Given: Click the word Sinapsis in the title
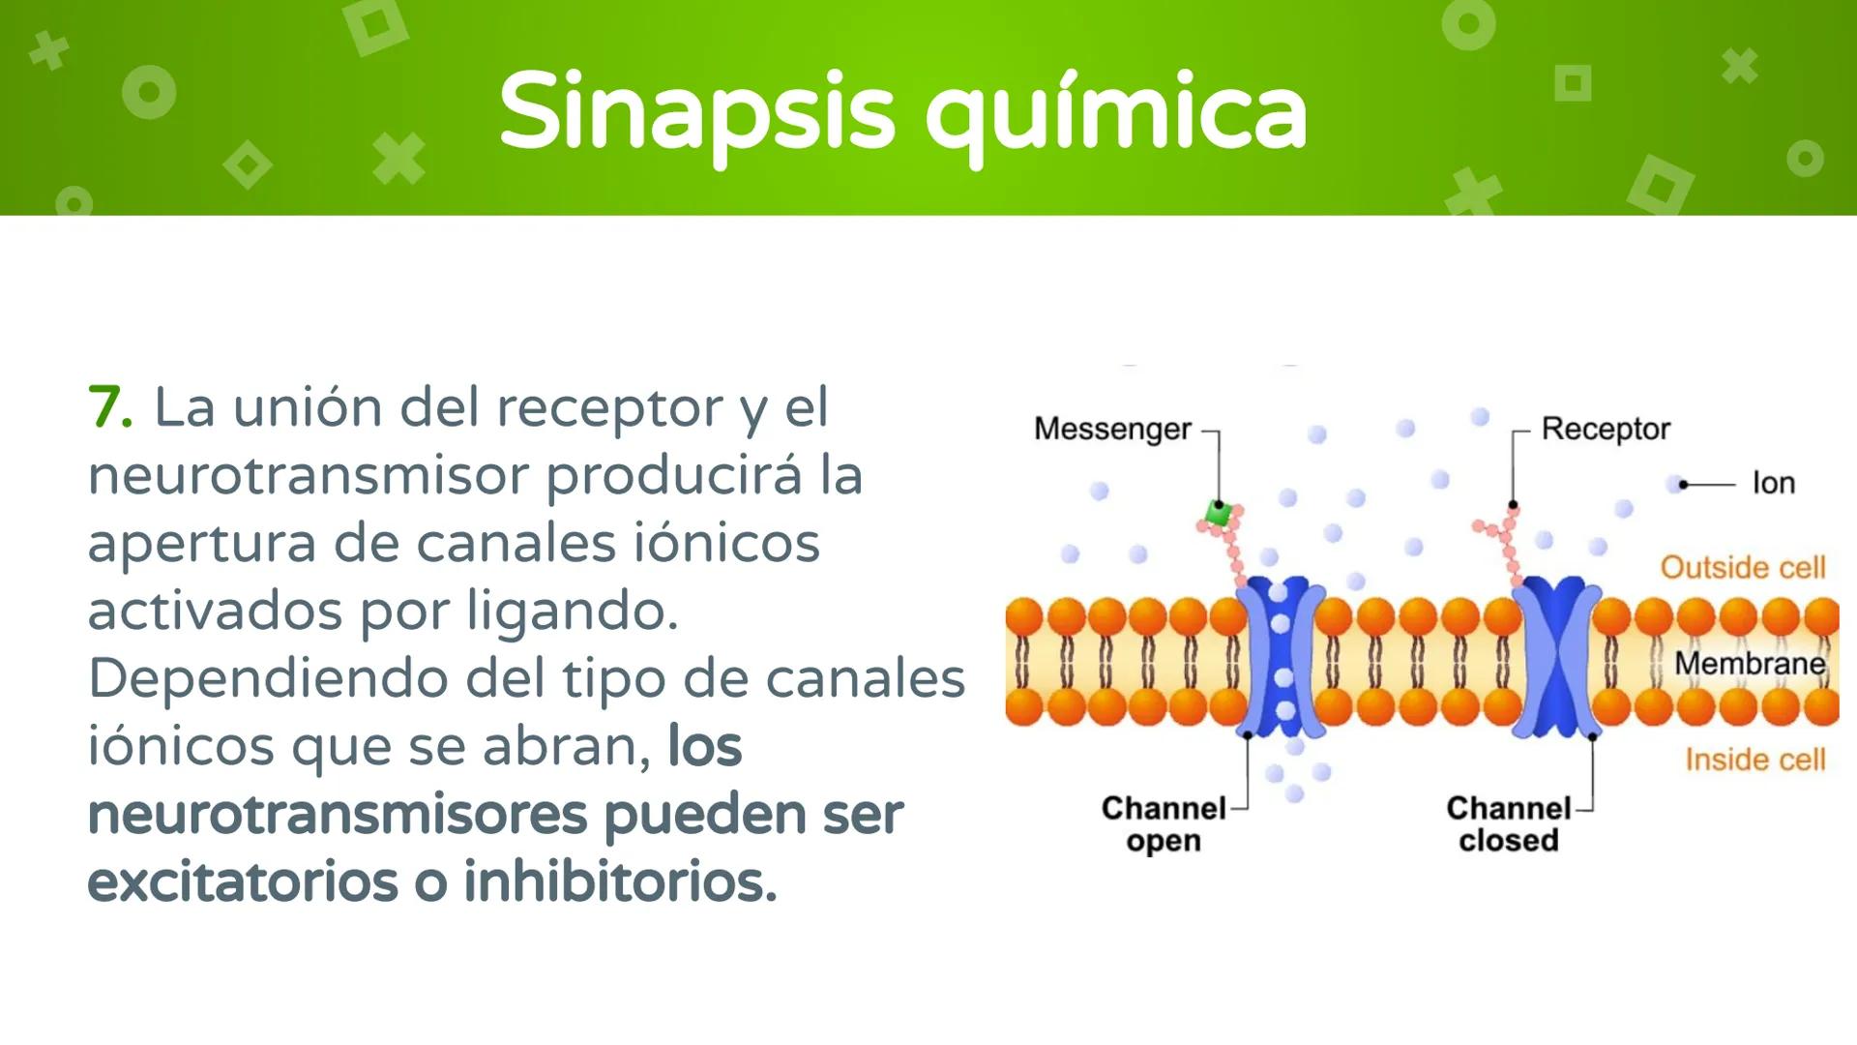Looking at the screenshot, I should click(x=696, y=111).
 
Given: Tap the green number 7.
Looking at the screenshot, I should click(x=109, y=407).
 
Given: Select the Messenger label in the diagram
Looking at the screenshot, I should click(x=1112, y=429).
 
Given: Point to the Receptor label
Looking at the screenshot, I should click(x=1606, y=429).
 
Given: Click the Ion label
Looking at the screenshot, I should click(x=1773, y=483).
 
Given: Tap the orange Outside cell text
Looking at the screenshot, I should click(x=1743, y=567).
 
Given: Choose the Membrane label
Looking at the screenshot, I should click(x=1750, y=664).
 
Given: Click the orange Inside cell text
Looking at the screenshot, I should click(x=1754, y=760).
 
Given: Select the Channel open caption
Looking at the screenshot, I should click(x=1164, y=824).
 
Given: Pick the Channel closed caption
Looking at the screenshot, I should click(x=1509, y=824).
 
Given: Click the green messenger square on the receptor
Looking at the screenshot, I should click(x=1219, y=513).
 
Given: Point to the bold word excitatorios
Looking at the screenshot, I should click(x=243, y=881).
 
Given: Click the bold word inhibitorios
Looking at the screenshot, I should click(x=620, y=881).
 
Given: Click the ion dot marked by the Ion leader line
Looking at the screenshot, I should click(x=1674, y=484).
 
